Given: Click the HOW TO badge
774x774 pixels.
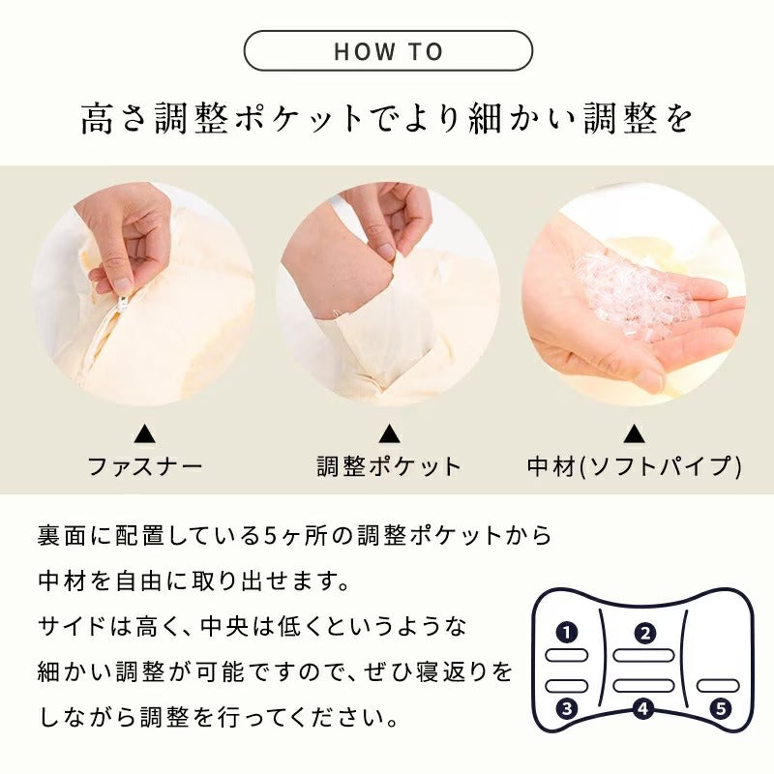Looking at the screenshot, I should click(x=388, y=50).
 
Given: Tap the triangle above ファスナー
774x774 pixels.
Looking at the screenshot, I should click(x=144, y=433).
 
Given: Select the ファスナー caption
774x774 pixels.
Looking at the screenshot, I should click(x=145, y=467).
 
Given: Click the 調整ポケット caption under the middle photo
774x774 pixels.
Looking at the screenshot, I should click(x=389, y=467).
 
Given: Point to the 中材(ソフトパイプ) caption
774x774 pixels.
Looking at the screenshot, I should click(x=634, y=467).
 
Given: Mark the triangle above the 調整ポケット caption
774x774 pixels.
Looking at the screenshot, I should click(x=388, y=433).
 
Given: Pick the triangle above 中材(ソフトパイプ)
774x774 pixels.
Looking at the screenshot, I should click(x=634, y=433).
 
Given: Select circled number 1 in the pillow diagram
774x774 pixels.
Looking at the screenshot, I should click(x=567, y=634).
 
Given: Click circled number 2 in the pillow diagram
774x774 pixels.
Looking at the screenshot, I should click(x=644, y=634).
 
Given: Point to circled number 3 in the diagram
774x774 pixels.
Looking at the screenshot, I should click(x=567, y=707).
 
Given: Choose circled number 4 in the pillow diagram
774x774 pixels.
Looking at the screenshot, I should click(x=643, y=707).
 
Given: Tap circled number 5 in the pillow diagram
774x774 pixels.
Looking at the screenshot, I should click(x=720, y=707).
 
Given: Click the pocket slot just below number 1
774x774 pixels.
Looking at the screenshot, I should click(x=567, y=656).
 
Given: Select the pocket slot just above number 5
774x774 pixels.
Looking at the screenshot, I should click(x=718, y=685).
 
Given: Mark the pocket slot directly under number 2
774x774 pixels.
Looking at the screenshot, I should click(x=643, y=656).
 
